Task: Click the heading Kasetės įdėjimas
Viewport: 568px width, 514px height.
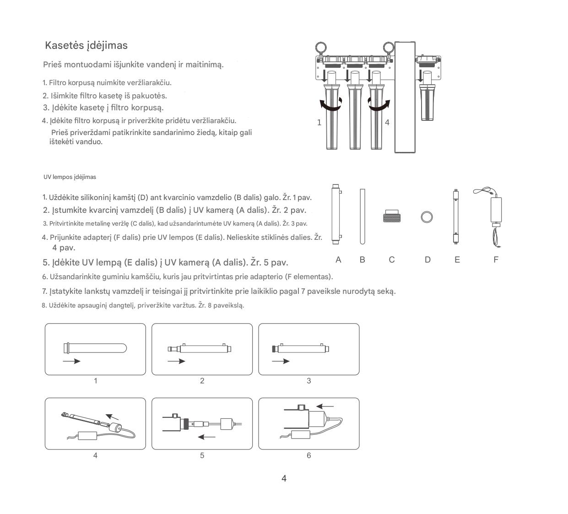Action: click(86, 45)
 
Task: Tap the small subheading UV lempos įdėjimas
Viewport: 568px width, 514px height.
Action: click(70, 177)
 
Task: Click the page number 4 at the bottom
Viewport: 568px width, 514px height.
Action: click(284, 478)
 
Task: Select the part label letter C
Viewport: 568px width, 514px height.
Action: click(392, 260)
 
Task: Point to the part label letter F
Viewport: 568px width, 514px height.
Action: click(496, 260)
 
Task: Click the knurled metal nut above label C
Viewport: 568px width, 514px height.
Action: click(392, 216)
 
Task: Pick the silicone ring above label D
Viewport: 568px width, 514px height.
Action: click(427, 216)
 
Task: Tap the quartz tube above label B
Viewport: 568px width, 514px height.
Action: click(362, 216)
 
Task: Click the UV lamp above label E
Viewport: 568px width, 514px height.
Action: click(456, 216)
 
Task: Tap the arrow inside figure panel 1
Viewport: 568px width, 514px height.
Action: click(71, 361)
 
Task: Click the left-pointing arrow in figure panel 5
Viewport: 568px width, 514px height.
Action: click(206, 437)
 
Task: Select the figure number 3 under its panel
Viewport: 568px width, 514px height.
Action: click(309, 381)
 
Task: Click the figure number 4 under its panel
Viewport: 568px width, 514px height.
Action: click(95, 455)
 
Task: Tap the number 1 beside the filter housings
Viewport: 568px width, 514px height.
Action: click(319, 123)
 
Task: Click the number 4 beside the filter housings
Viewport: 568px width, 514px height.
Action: click(387, 123)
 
